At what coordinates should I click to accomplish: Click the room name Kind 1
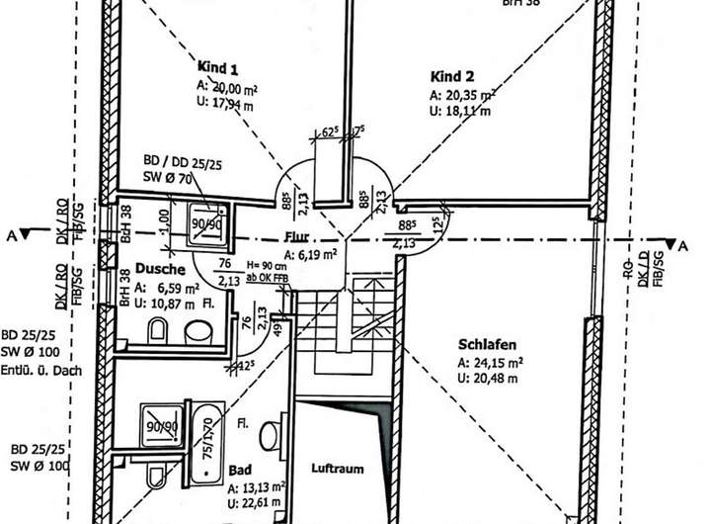tap(218, 69)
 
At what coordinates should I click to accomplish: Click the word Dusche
tap(155, 268)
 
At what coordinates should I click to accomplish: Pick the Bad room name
tap(239, 471)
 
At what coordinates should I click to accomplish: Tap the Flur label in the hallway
tap(297, 237)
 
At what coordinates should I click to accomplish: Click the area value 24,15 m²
tap(490, 363)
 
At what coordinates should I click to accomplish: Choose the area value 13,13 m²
tap(257, 486)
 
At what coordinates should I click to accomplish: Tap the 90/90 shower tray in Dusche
tap(206, 224)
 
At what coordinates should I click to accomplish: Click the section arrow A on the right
tap(673, 243)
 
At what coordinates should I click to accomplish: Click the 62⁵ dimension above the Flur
tap(330, 131)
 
